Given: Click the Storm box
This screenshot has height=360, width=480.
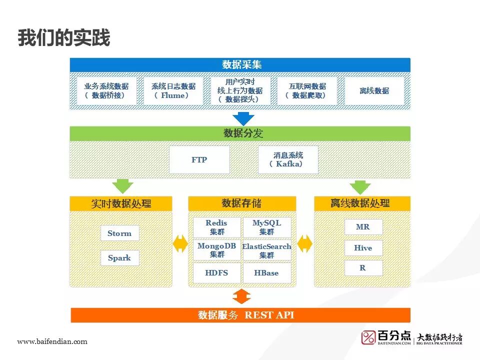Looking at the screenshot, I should [x=119, y=233].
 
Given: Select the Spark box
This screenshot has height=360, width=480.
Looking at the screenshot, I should [x=119, y=258].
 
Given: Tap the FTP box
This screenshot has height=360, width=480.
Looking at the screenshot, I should [x=199, y=160].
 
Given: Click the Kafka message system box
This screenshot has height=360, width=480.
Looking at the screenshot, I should [x=288, y=160].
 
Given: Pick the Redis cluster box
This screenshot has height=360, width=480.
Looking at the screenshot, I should [x=216, y=227].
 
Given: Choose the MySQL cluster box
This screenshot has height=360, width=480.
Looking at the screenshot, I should [x=266, y=227].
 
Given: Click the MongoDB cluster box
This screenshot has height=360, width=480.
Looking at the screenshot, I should [x=216, y=250].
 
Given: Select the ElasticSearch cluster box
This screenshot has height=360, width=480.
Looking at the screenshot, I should [x=266, y=250].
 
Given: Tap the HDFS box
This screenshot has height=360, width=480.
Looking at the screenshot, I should [x=216, y=273].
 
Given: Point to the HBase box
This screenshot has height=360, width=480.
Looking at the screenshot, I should [x=266, y=273].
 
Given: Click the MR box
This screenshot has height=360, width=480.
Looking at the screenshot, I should [x=363, y=227].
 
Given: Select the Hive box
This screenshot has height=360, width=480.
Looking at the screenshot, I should [x=363, y=248].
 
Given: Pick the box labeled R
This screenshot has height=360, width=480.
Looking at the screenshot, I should [x=363, y=268].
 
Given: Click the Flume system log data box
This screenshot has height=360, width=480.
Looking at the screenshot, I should [x=173, y=91].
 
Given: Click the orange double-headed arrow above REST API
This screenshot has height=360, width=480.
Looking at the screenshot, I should [x=241, y=296].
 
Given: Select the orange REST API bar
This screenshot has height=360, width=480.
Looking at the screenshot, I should [x=240, y=315].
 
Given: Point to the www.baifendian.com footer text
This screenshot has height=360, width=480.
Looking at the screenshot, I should [x=52, y=342].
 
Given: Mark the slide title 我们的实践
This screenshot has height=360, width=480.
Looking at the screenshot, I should [x=63, y=38].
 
